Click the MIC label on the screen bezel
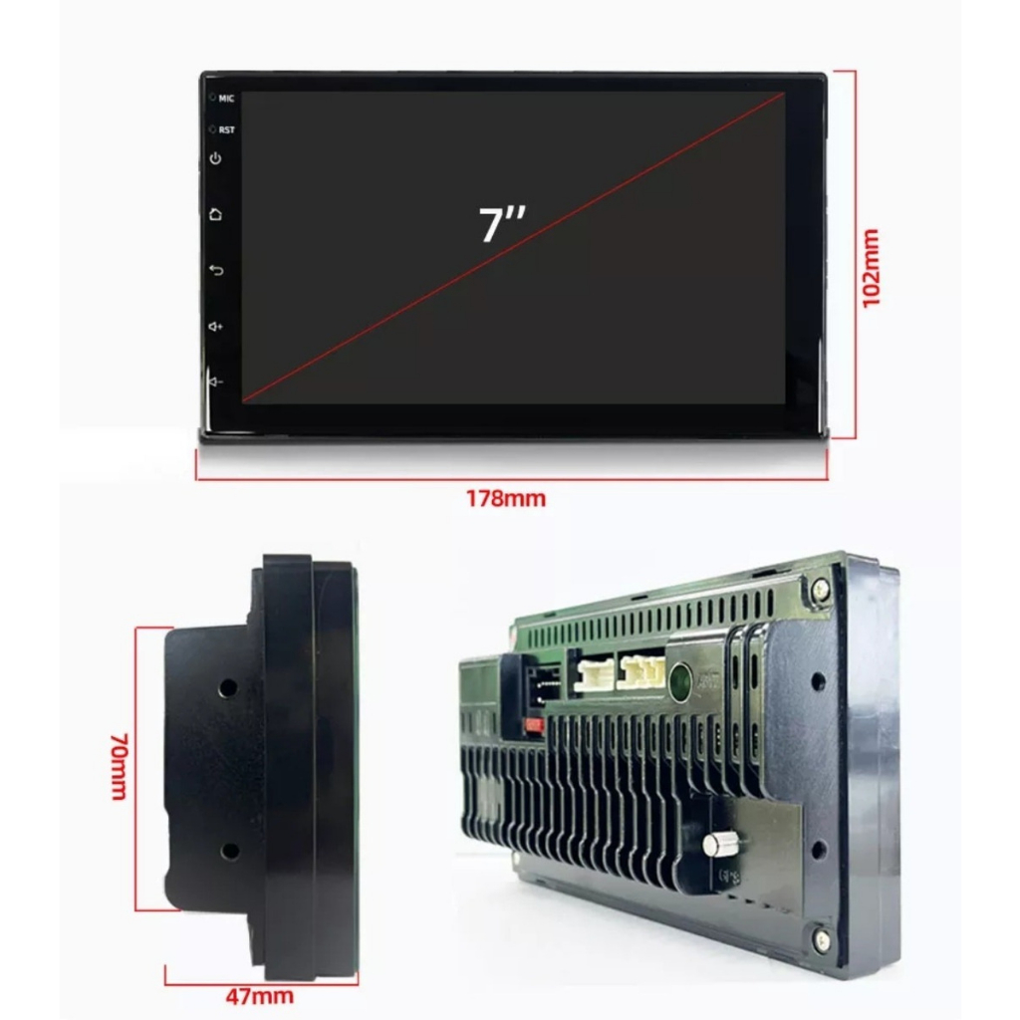(226, 99)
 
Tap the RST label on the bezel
(226, 130)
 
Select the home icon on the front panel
(215, 214)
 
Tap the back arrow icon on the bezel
(216, 270)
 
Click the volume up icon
(215, 326)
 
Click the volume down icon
(215, 382)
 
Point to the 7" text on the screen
(502, 223)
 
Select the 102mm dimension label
(871, 267)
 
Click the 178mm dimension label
(506, 499)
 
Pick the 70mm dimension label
(120, 767)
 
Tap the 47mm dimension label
(260, 996)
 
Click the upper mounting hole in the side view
(228, 688)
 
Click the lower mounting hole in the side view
(229, 851)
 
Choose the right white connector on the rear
(641, 670)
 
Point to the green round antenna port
(680, 679)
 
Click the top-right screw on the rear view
(821, 590)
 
